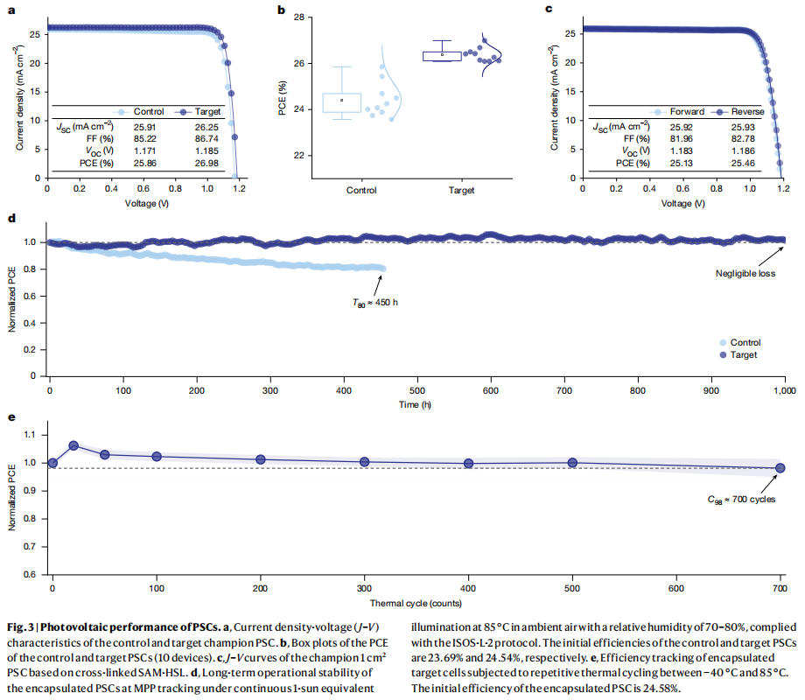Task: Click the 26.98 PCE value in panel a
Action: click(x=205, y=163)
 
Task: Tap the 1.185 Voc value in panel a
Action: click(x=205, y=150)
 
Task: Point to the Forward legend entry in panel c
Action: click(x=686, y=112)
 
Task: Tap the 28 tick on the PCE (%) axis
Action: click(x=297, y=17)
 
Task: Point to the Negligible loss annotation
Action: click(x=746, y=272)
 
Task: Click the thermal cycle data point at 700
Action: click(x=780, y=468)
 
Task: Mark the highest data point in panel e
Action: click(x=73, y=445)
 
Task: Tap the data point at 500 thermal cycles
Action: click(x=572, y=462)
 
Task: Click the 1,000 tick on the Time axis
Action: click(x=783, y=390)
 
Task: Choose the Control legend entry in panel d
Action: click(x=739, y=342)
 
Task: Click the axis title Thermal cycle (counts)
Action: click(x=416, y=603)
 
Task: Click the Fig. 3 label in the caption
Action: click(x=21, y=626)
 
